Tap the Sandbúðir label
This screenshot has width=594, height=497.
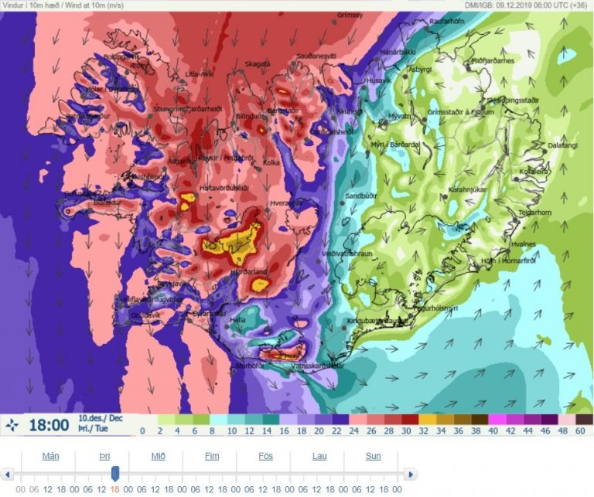(361, 196)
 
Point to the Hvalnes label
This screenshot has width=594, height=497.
(524, 243)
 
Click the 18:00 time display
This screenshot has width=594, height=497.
(49, 424)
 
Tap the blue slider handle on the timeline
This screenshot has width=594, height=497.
(115, 473)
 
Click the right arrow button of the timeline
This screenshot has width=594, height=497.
(410, 474)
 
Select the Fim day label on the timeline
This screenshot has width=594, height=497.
(212, 456)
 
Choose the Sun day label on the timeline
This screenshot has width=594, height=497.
(373, 456)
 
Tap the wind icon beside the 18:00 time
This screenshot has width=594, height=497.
(13, 424)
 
